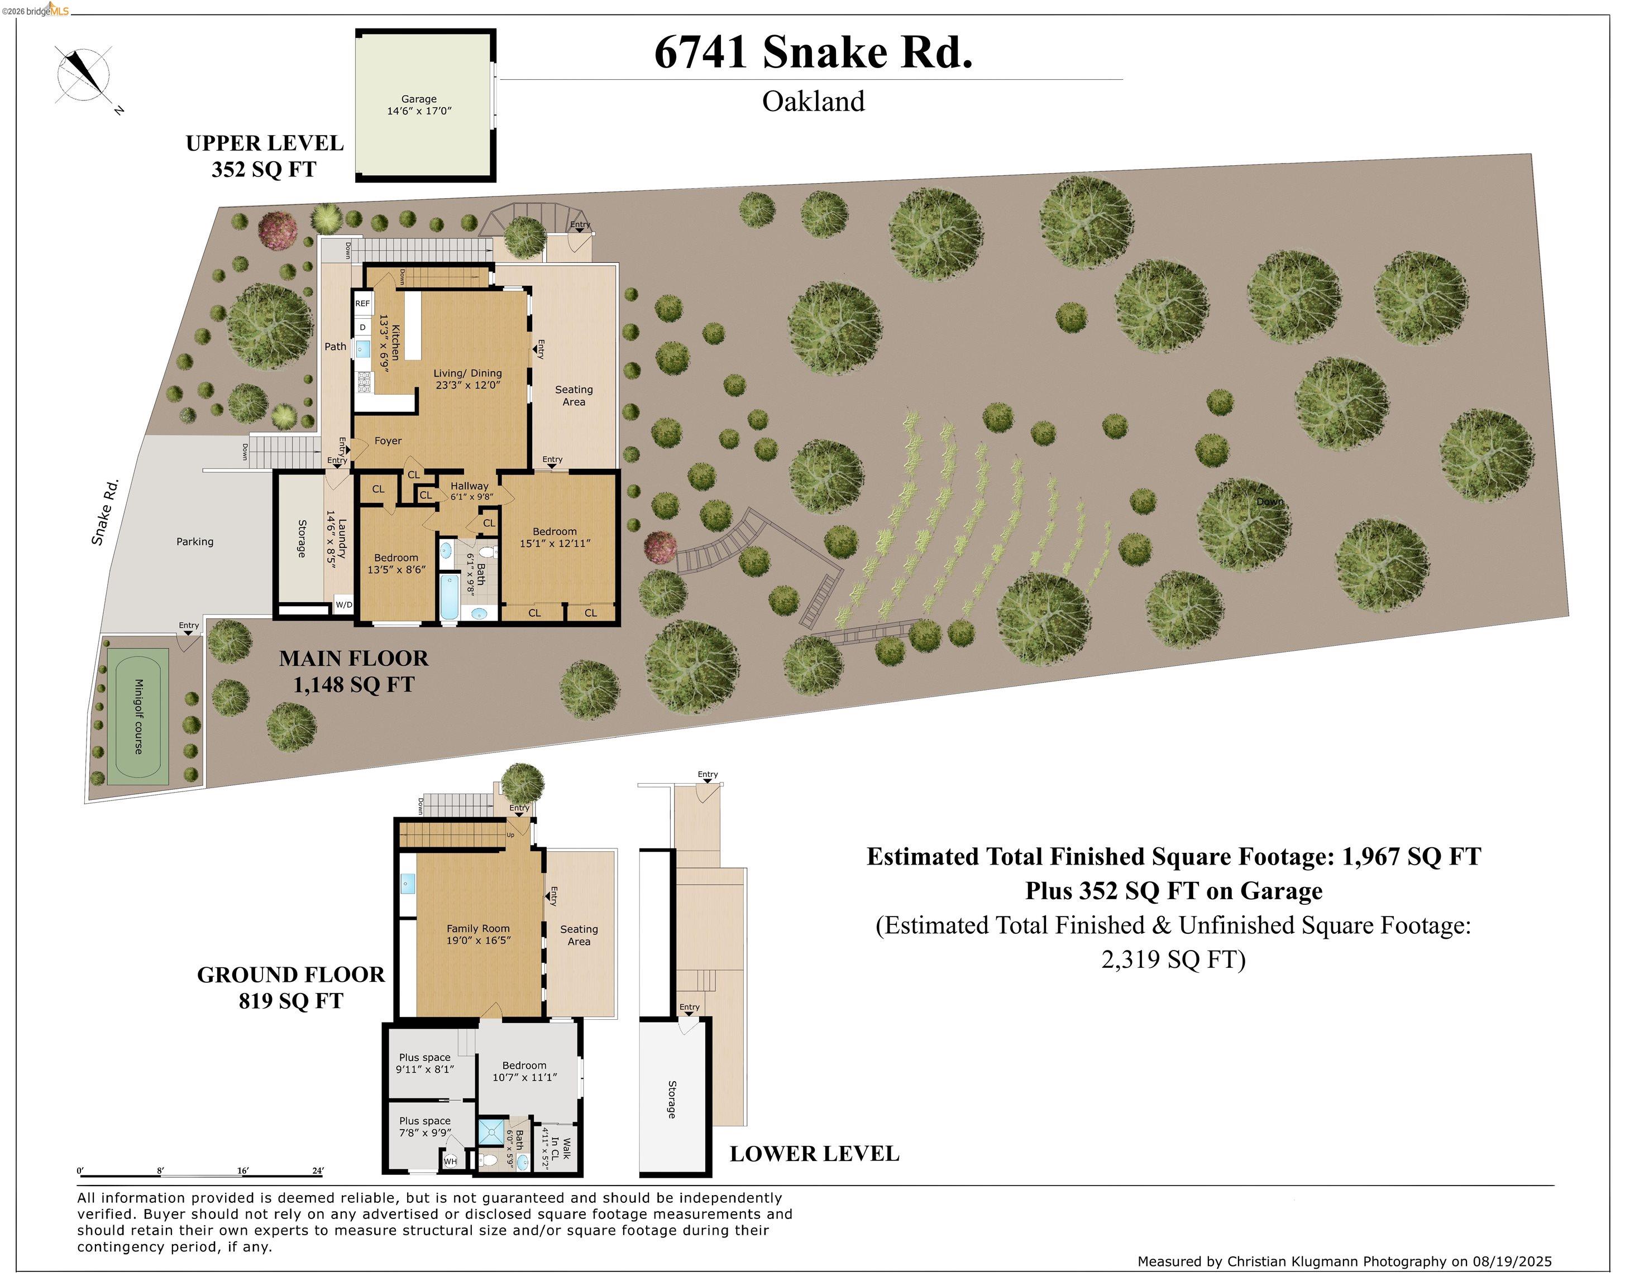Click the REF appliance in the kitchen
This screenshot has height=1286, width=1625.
tap(362, 304)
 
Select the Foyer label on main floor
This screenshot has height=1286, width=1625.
tap(388, 441)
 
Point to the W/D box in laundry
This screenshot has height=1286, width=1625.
tap(343, 604)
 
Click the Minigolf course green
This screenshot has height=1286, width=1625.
tap(138, 716)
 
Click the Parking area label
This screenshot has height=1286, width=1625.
tap(194, 542)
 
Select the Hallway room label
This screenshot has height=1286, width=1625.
tap(469, 486)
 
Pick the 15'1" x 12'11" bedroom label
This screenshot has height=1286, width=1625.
tap(555, 538)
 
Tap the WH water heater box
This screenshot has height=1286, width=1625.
tap(450, 1162)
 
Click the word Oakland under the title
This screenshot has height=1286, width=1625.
tap(813, 102)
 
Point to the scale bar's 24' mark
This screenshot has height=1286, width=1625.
tap(318, 1172)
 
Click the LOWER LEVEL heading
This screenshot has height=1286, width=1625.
tap(814, 1154)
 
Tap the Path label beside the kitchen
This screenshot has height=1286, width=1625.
tap(335, 347)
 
